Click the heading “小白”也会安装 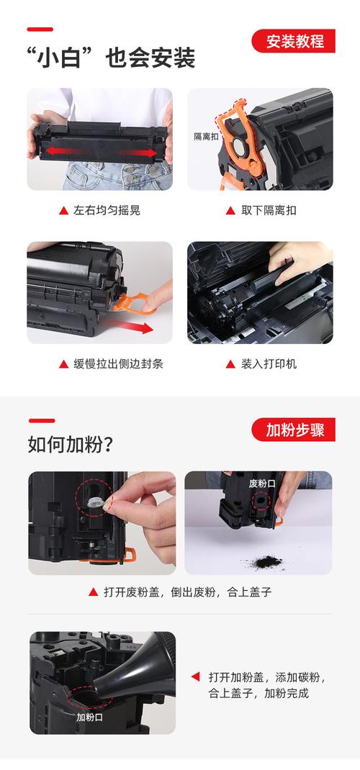111,58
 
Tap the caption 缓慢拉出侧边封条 118,364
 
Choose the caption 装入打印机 269,364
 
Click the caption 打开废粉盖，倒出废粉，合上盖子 186,592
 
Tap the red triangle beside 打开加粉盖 195,677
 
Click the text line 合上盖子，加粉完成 258,694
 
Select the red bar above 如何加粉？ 41,420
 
